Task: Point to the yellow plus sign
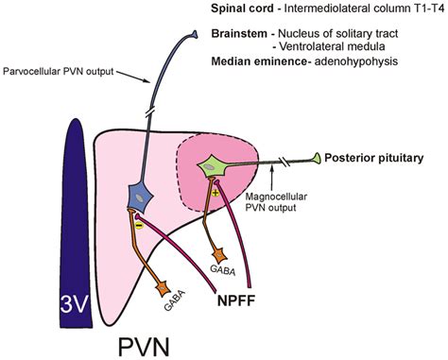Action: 215,193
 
